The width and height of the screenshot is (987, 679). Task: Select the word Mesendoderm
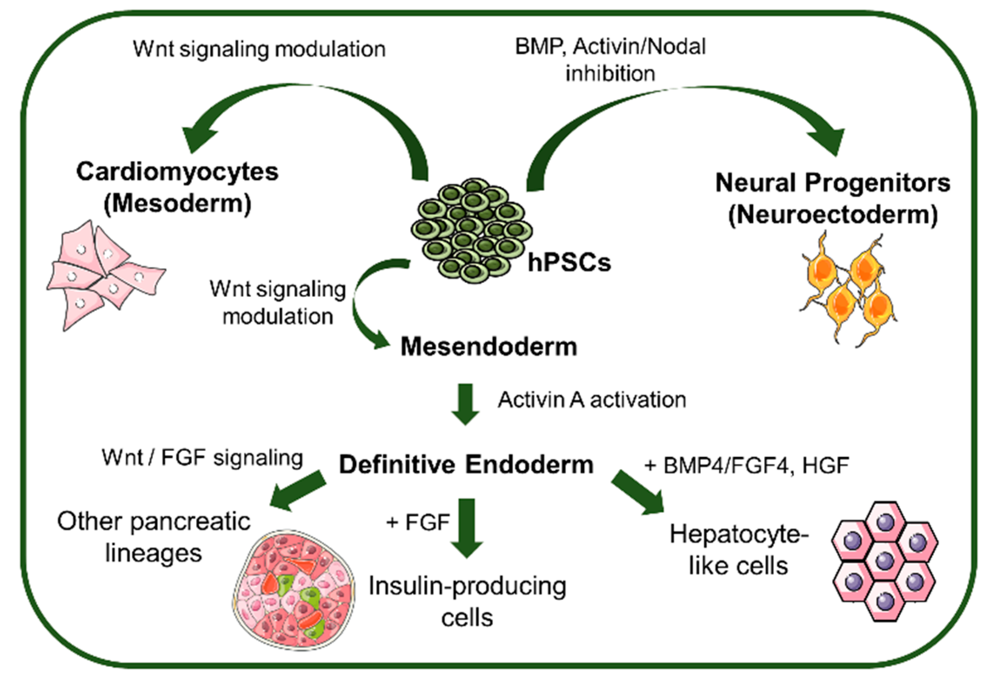pos(489,347)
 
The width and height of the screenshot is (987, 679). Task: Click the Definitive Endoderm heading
pos(466,464)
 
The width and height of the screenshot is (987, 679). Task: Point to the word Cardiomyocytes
pos(177,171)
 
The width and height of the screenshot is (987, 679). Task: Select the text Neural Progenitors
pos(833,183)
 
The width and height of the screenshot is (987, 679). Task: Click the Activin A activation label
pos(592,400)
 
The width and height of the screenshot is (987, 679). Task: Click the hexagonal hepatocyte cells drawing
pos(885,561)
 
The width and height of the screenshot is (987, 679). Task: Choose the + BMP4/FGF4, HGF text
pos(746,465)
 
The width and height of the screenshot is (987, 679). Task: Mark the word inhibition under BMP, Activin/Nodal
pos(610,73)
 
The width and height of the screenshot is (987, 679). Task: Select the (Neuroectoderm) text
pos(833,215)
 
